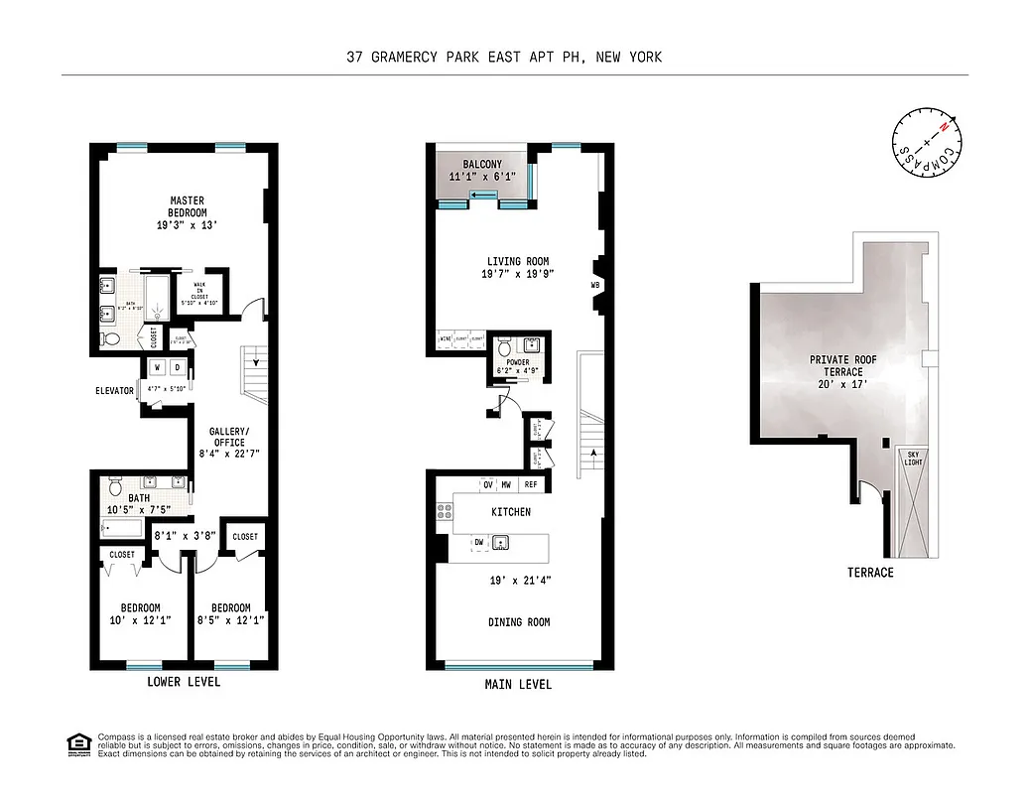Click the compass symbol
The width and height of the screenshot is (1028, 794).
[x=929, y=148]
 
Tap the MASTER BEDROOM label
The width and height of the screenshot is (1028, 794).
[x=187, y=206]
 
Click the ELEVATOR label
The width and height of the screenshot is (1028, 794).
[x=115, y=391]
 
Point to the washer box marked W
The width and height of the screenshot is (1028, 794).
[x=158, y=367]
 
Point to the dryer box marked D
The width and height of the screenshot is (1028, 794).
[x=178, y=367]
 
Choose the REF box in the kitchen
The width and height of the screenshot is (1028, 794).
[x=531, y=485]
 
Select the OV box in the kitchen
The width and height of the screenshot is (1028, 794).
[x=488, y=485]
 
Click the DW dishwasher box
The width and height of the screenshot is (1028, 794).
[x=478, y=543]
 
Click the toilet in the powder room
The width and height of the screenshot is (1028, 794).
[x=504, y=348]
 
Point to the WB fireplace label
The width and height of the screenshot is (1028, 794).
[x=595, y=286]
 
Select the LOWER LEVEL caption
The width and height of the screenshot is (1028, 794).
[x=184, y=683]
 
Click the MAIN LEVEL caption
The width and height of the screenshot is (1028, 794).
[x=518, y=685]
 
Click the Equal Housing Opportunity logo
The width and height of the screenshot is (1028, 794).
[x=75, y=743]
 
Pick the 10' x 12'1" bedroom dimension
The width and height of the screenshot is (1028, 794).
[x=139, y=621]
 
